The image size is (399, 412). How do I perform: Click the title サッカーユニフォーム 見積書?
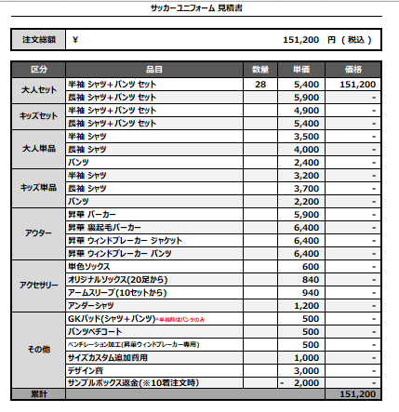pos(197,7)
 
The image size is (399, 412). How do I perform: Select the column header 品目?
pos(154,71)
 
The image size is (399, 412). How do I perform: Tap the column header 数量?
pos(259,71)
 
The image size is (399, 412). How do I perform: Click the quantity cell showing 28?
pos(259,84)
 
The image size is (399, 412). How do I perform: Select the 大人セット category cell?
pos(38,90)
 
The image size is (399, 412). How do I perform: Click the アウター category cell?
pos(38,233)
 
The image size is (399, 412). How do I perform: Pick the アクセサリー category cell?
pos(38,286)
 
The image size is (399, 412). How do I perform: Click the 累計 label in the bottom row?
pos(38,394)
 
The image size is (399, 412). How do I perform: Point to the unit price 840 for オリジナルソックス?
pos(310,279)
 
